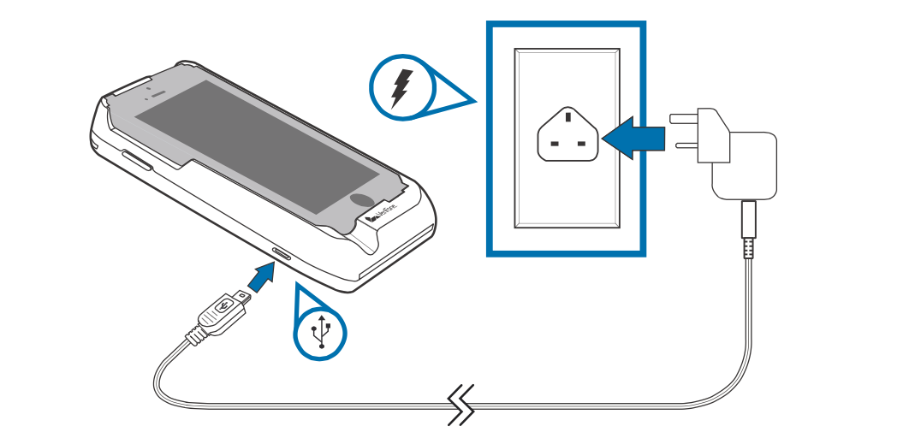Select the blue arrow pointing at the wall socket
pos(633,135)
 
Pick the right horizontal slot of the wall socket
pos(582,145)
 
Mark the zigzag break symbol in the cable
pos(462,404)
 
